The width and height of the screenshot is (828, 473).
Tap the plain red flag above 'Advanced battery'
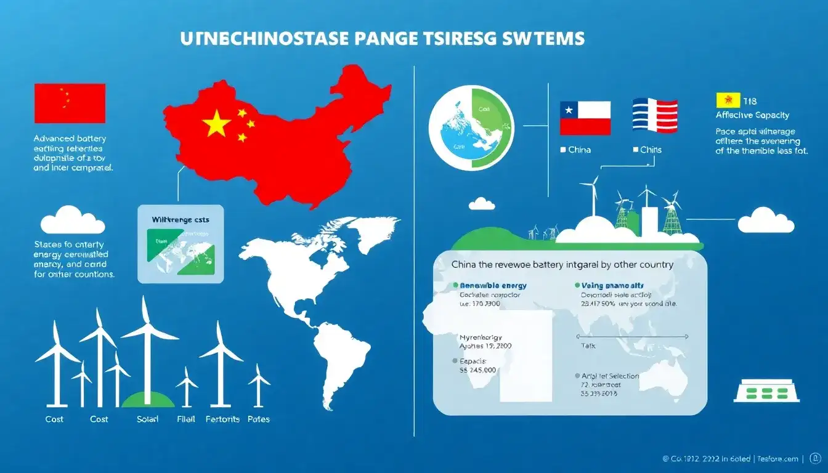tap(70, 103)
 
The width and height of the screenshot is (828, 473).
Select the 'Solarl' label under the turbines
tap(147, 419)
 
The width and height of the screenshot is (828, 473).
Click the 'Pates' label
tap(258, 419)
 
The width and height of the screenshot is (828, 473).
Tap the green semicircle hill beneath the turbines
tap(148, 401)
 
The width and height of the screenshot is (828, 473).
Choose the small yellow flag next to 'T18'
tap(728, 100)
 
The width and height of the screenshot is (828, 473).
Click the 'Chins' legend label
tap(651, 150)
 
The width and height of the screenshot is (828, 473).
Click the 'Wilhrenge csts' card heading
tap(181, 219)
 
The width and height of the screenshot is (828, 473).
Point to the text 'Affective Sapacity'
tap(752, 115)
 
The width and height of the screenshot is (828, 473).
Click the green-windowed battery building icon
tap(768, 390)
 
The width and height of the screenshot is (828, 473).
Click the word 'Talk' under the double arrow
tap(588, 346)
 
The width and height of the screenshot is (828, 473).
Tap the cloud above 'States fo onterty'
tap(72, 221)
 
